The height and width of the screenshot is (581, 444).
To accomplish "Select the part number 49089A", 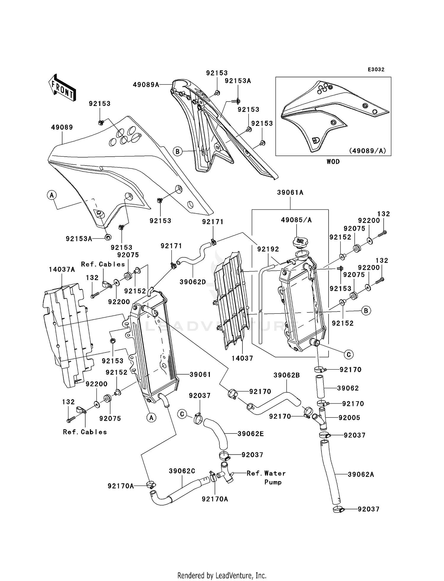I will coord(146,85).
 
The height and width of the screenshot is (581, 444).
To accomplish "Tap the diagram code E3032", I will coord(376,70).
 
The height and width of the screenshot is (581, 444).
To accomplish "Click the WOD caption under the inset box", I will coord(333,162).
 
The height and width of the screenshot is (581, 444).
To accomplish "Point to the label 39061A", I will coord(290,192).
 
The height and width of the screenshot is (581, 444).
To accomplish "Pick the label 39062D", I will coord(193,282).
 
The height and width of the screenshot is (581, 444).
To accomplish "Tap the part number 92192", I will coord(268,249).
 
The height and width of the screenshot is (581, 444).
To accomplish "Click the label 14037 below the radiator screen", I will coord(242,358).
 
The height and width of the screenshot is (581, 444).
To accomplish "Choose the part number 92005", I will coord(349,418).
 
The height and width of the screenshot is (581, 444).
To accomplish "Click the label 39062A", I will coord(361,474).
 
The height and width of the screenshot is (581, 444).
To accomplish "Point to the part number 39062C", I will coord(182,471).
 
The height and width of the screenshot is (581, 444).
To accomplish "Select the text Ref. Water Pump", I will coord(266,477).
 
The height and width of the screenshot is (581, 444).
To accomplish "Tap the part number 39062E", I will coord(251,434).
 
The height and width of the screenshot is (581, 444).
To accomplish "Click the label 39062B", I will coord(287,375).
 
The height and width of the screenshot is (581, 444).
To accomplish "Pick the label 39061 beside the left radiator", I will coord(200,375).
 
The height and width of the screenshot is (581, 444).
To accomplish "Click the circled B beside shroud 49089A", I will coord(177,152).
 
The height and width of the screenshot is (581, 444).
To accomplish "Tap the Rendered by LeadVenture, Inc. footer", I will coord(222,575).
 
